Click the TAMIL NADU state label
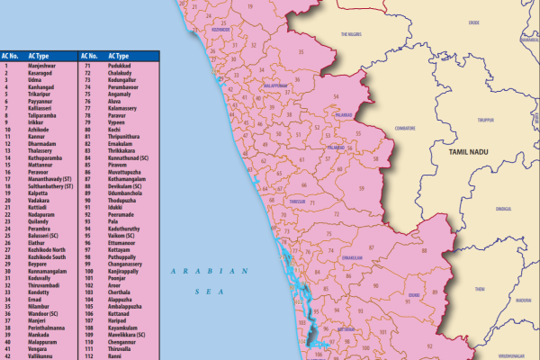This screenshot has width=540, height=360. tap(461, 155)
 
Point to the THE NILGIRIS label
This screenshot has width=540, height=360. tap(351, 34)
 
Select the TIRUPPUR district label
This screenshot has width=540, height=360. tap(486, 119)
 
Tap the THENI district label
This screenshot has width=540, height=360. tap(480, 289)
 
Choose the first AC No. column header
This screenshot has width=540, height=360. tap(11, 56)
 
